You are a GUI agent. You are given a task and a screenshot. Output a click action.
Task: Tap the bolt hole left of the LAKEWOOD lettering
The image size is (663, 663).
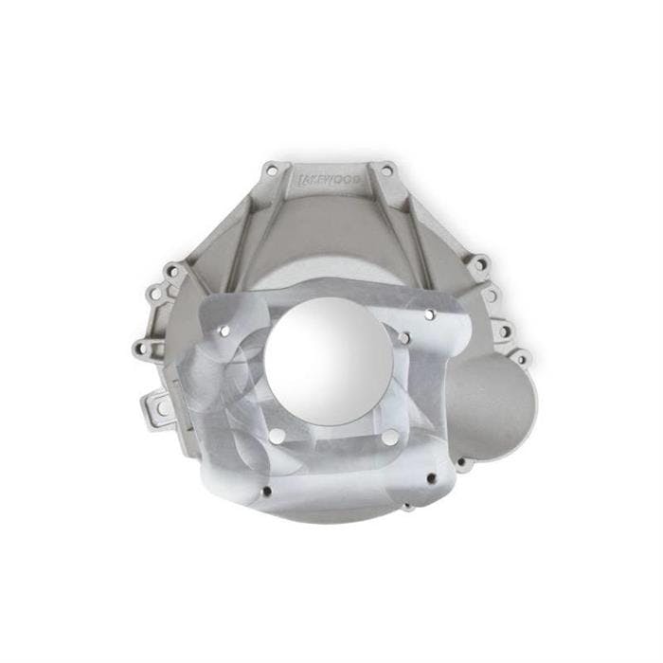point(272,171)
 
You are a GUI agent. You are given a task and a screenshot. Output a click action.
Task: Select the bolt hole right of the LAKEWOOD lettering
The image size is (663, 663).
point(384,171)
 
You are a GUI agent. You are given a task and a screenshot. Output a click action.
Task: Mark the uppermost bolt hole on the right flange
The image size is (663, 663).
point(479,263)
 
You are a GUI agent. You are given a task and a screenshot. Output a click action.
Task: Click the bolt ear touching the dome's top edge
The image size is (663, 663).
point(519,358)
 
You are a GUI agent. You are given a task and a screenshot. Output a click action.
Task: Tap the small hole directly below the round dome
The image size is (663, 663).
point(462,465)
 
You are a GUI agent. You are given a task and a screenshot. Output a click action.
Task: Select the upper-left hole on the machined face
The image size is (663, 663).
point(225,331)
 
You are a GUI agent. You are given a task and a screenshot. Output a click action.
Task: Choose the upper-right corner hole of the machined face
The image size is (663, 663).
point(429,314)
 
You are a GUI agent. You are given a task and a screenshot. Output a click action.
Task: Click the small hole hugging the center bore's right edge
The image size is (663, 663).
point(403,338)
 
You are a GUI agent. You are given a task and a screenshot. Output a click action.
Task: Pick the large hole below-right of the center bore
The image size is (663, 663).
point(389,438)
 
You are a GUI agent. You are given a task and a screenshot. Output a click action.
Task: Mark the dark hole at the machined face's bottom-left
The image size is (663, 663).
point(266,491)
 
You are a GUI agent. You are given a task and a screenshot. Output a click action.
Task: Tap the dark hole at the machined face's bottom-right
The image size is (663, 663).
point(431,478)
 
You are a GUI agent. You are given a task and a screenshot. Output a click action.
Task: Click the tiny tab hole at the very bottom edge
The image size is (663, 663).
point(406,508)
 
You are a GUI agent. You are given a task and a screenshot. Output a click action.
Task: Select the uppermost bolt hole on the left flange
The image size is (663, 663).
point(171,271)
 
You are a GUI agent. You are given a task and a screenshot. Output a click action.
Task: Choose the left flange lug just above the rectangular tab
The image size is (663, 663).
point(144,349)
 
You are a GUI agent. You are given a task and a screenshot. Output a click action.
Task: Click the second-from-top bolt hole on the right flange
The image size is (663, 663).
point(492,296)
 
